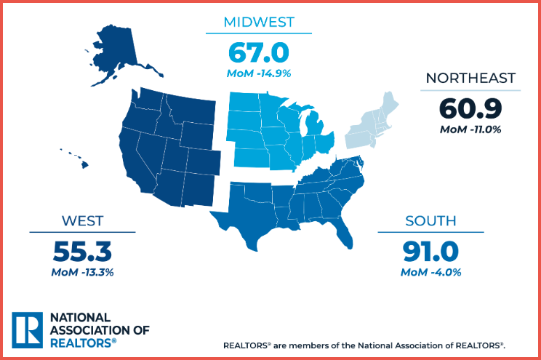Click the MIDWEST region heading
tap(259, 22)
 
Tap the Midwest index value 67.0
tap(259, 52)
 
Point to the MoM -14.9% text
tap(259, 74)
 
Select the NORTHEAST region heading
tap(470, 78)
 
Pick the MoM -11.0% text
tap(470, 129)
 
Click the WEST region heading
tap(82, 220)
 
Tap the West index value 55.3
tap(82, 251)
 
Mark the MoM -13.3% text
tap(82, 273)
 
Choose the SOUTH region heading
tap(431, 220)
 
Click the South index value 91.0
tap(431, 251)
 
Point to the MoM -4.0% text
tap(431, 273)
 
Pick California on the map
tap(138, 156)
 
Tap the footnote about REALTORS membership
tap(364, 344)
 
